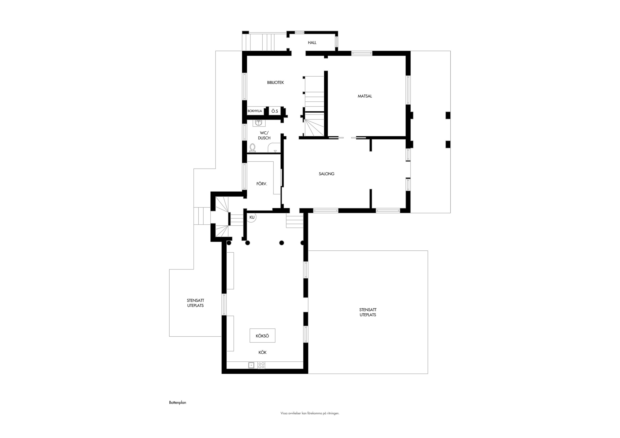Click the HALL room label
coord(312,43)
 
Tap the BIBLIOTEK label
coord(276,83)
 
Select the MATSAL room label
coord(365,96)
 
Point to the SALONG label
coord(326,174)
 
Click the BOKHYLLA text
coord(255,111)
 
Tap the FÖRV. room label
coord(262,184)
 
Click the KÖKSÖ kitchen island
coord(262,335)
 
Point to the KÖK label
coord(262,352)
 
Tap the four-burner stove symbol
coord(261,365)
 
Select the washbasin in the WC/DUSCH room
coord(259,123)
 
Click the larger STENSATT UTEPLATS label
coord(368,312)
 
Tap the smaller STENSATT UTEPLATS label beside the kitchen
coord(195,303)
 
